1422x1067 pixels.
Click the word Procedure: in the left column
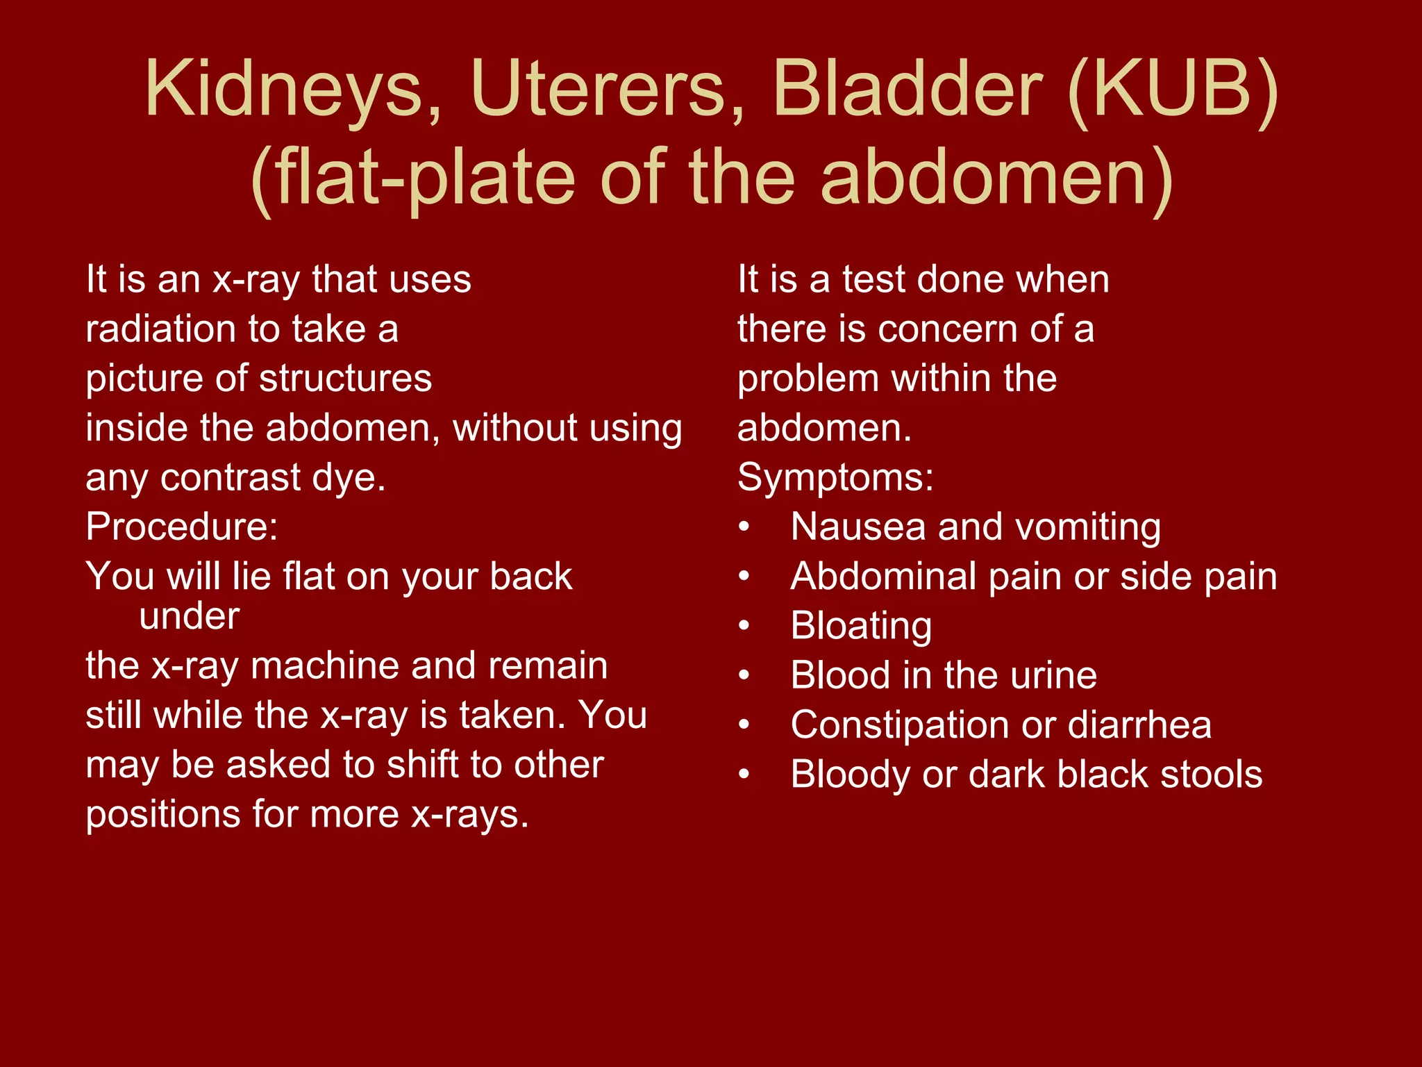(182, 527)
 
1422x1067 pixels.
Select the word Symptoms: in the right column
(835, 477)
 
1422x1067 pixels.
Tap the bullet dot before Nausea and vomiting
(744, 527)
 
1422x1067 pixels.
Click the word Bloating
(861, 626)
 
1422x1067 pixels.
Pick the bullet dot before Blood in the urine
(744, 675)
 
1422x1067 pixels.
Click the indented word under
(189, 616)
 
